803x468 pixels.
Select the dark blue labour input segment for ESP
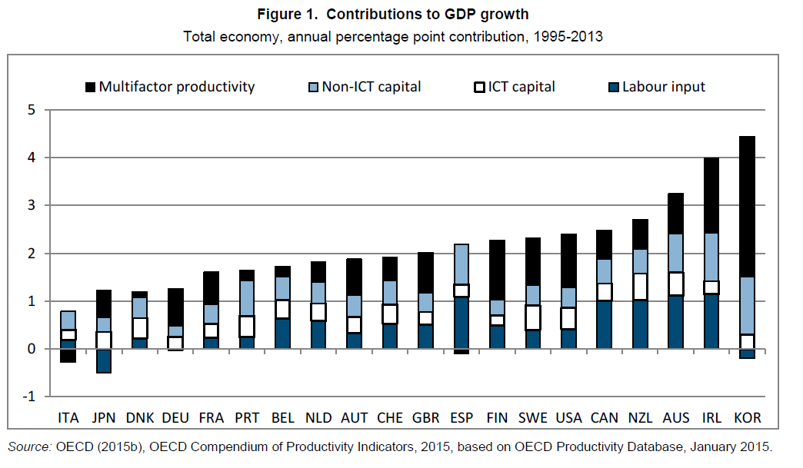coord(461,323)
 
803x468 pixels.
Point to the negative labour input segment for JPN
coord(104,360)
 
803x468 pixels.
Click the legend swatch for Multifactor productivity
coord(90,87)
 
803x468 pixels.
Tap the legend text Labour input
coord(664,87)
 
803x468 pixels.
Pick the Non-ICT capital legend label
coord(372,87)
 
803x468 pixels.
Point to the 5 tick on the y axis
coord(32,110)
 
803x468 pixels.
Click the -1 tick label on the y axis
coord(29,397)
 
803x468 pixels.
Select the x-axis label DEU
coord(175,418)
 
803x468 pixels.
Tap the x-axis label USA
coord(568,418)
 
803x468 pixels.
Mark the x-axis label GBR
coord(425,418)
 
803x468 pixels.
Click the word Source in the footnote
coord(26,446)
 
